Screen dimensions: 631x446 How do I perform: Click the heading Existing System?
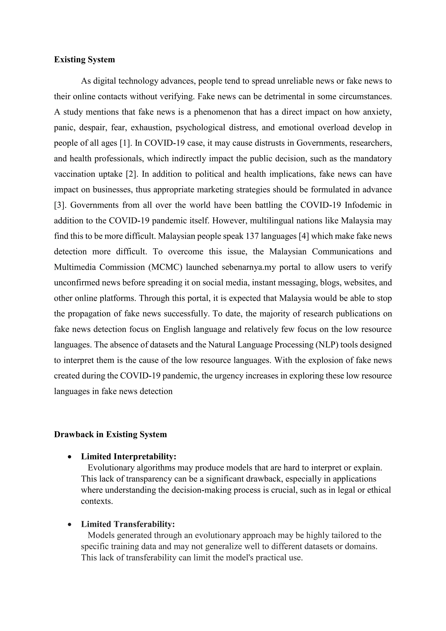(x=84, y=60)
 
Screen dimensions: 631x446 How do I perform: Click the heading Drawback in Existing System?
(x=110, y=434)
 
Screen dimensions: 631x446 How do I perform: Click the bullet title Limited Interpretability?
(x=128, y=456)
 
